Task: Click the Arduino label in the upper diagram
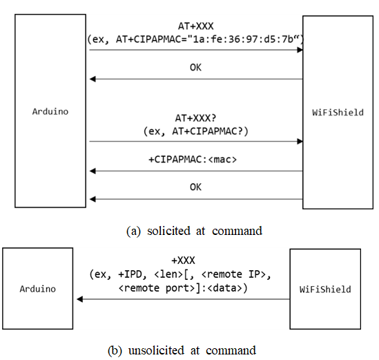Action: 50,111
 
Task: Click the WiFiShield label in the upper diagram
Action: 338,113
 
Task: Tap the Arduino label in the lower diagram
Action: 38,289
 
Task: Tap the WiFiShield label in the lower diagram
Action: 325,290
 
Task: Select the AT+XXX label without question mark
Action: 196,26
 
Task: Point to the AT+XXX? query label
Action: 195,118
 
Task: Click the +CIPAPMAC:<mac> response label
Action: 193,160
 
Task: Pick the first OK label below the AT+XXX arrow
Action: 195,67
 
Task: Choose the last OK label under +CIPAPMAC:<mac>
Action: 195,187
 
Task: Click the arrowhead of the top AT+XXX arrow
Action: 300,50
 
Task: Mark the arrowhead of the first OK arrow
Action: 93,79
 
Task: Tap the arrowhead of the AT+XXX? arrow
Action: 300,141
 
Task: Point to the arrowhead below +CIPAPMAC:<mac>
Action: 93,171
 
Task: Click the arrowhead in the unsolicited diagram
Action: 80,299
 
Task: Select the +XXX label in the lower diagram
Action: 183,260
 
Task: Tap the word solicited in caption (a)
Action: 168,231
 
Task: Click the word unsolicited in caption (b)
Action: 156,350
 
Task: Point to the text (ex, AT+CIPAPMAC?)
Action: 196,131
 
